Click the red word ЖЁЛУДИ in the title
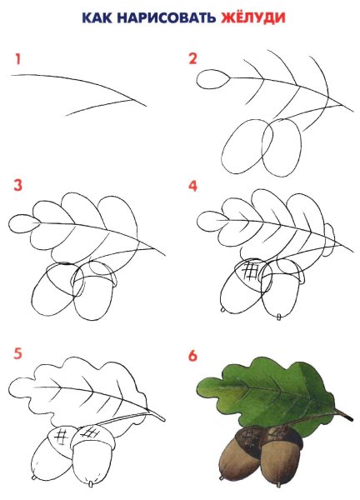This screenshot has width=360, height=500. click(x=252, y=17)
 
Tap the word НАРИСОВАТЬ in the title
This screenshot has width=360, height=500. click(x=167, y=17)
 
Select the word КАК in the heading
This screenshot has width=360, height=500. click(x=97, y=17)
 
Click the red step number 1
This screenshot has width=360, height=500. click(x=17, y=59)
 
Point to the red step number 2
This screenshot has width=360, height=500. click(x=192, y=58)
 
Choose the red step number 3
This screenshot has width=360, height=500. click(x=17, y=185)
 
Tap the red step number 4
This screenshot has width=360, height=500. click(x=192, y=186)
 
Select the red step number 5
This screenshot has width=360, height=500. click(x=17, y=353)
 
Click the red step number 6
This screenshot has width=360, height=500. click(x=192, y=356)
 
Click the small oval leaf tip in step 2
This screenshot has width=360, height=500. click(x=212, y=79)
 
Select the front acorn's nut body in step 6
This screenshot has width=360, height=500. click(x=280, y=463)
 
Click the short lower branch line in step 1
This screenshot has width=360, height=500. click(x=99, y=107)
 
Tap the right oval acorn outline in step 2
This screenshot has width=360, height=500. click(x=282, y=147)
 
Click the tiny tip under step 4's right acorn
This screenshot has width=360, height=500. click(x=279, y=317)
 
